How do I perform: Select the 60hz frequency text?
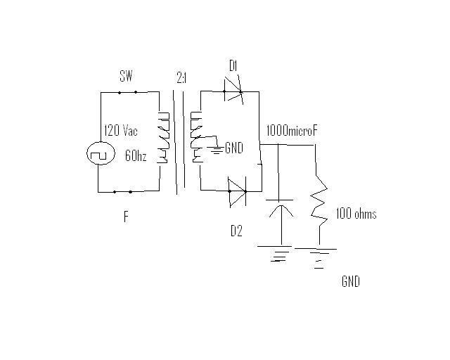pyautogui.click(x=136, y=156)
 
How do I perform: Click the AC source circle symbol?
pyautogui.click(x=98, y=153)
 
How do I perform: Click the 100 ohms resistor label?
pyautogui.click(x=356, y=214)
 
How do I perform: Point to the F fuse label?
pyautogui.click(x=126, y=217)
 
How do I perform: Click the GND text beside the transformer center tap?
pyautogui.click(x=235, y=149)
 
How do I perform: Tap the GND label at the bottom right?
pyautogui.click(x=350, y=282)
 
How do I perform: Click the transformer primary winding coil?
pyautogui.click(x=162, y=136)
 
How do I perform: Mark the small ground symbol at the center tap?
pyautogui.click(x=219, y=148)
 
